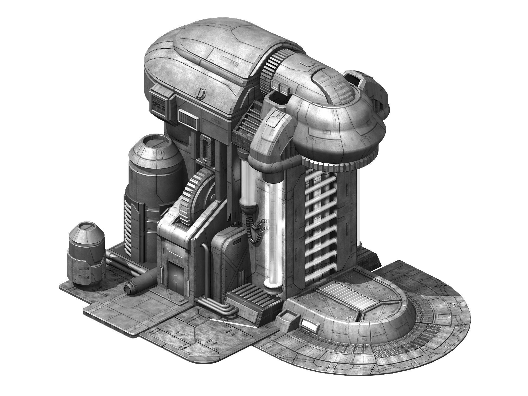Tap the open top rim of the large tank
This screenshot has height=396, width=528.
155,144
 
